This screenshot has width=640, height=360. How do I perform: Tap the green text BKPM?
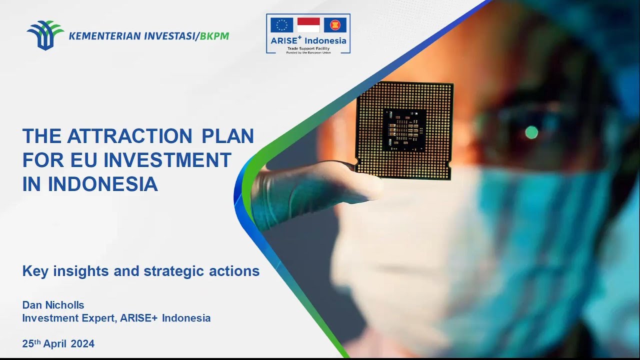tap(214, 36)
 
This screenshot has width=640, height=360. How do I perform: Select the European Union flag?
tap(282, 25)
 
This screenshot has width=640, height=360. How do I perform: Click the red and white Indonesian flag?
tap(308, 25)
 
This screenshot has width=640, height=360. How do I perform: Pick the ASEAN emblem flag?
tap(335, 25)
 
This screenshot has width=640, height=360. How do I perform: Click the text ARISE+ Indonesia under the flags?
tap(308, 41)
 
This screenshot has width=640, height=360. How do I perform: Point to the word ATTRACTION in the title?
tap(129, 136)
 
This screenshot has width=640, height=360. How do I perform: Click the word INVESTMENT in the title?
tap(167, 160)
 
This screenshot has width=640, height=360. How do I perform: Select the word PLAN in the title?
tap(227, 136)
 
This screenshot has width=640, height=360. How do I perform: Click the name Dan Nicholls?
tap(53, 305)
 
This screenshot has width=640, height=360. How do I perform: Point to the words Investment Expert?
tap(69, 318)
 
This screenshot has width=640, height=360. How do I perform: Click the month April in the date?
tap(55, 344)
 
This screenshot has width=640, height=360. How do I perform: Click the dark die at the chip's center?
tap(404, 130)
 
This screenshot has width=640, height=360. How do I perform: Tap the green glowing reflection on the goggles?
tap(531, 132)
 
